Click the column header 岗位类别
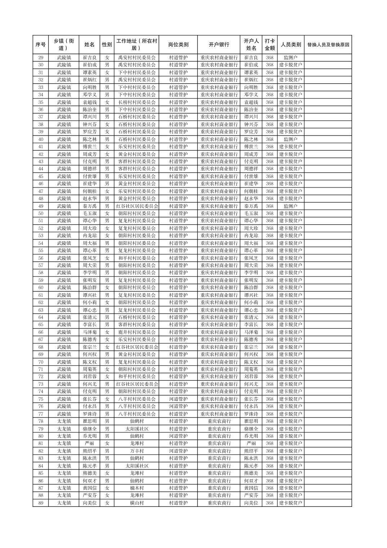pyautogui.click(x=178, y=45)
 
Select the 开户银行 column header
pyautogui.click(x=219, y=45)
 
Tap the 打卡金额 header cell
pyautogui.click(x=270, y=45)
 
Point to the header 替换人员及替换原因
pyautogui.click(x=328, y=45)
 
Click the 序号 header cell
pyautogui.click(x=41, y=45)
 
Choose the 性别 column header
pyautogui.click(x=107, y=45)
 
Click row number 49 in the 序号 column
pyautogui.click(x=41, y=206)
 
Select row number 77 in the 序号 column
pyautogui.click(x=41, y=414)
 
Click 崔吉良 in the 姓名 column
pyautogui.click(x=89, y=58)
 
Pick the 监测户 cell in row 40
pyautogui.click(x=290, y=139)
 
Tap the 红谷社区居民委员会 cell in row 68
pyautogui.click(x=137, y=347)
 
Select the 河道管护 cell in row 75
pyautogui.click(x=178, y=399)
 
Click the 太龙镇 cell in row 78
pyautogui.click(x=64, y=421)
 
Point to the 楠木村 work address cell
pyautogui.click(x=137, y=488)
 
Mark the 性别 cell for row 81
pyautogui.click(x=107, y=443)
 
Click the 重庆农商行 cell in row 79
pyautogui.click(x=219, y=429)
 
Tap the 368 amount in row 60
pyautogui.click(x=270, y=288)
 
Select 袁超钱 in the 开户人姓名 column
pyautogui.click(x=251, y=102)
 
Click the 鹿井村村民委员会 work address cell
pyautogui.click(x=137, y=332)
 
